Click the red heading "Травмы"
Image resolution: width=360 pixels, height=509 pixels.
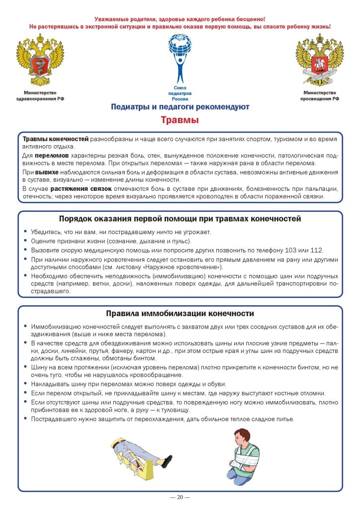180,120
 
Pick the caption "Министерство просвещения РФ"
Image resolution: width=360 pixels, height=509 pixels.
320,96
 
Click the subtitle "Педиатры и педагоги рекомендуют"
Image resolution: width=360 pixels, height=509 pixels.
180,107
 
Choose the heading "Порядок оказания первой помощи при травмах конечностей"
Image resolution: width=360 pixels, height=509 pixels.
180,219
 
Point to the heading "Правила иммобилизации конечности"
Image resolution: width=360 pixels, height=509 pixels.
180,314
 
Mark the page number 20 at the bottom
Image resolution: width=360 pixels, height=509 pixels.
180,497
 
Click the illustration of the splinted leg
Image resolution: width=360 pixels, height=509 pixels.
140,455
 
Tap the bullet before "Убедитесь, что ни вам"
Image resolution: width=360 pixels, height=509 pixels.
25,232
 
